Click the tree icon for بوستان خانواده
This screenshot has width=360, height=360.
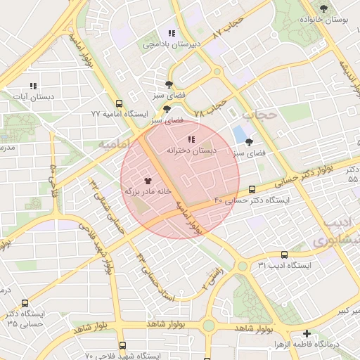coord(323,8)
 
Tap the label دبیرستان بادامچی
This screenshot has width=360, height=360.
coord(172,44)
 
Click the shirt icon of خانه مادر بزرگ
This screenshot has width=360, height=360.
coord(148,181)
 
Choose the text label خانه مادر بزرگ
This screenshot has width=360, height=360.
coord(148,191)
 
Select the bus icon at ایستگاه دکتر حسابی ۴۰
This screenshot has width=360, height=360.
coord(252,189)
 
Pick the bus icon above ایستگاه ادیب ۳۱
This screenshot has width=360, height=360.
coord(283,255)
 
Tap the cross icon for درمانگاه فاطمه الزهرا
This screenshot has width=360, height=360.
coord(307,333)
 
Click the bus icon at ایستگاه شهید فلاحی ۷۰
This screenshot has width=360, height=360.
coord(122,345)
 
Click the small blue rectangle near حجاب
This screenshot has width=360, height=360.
coord(240,133)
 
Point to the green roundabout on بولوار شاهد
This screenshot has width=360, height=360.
coord(208,325)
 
